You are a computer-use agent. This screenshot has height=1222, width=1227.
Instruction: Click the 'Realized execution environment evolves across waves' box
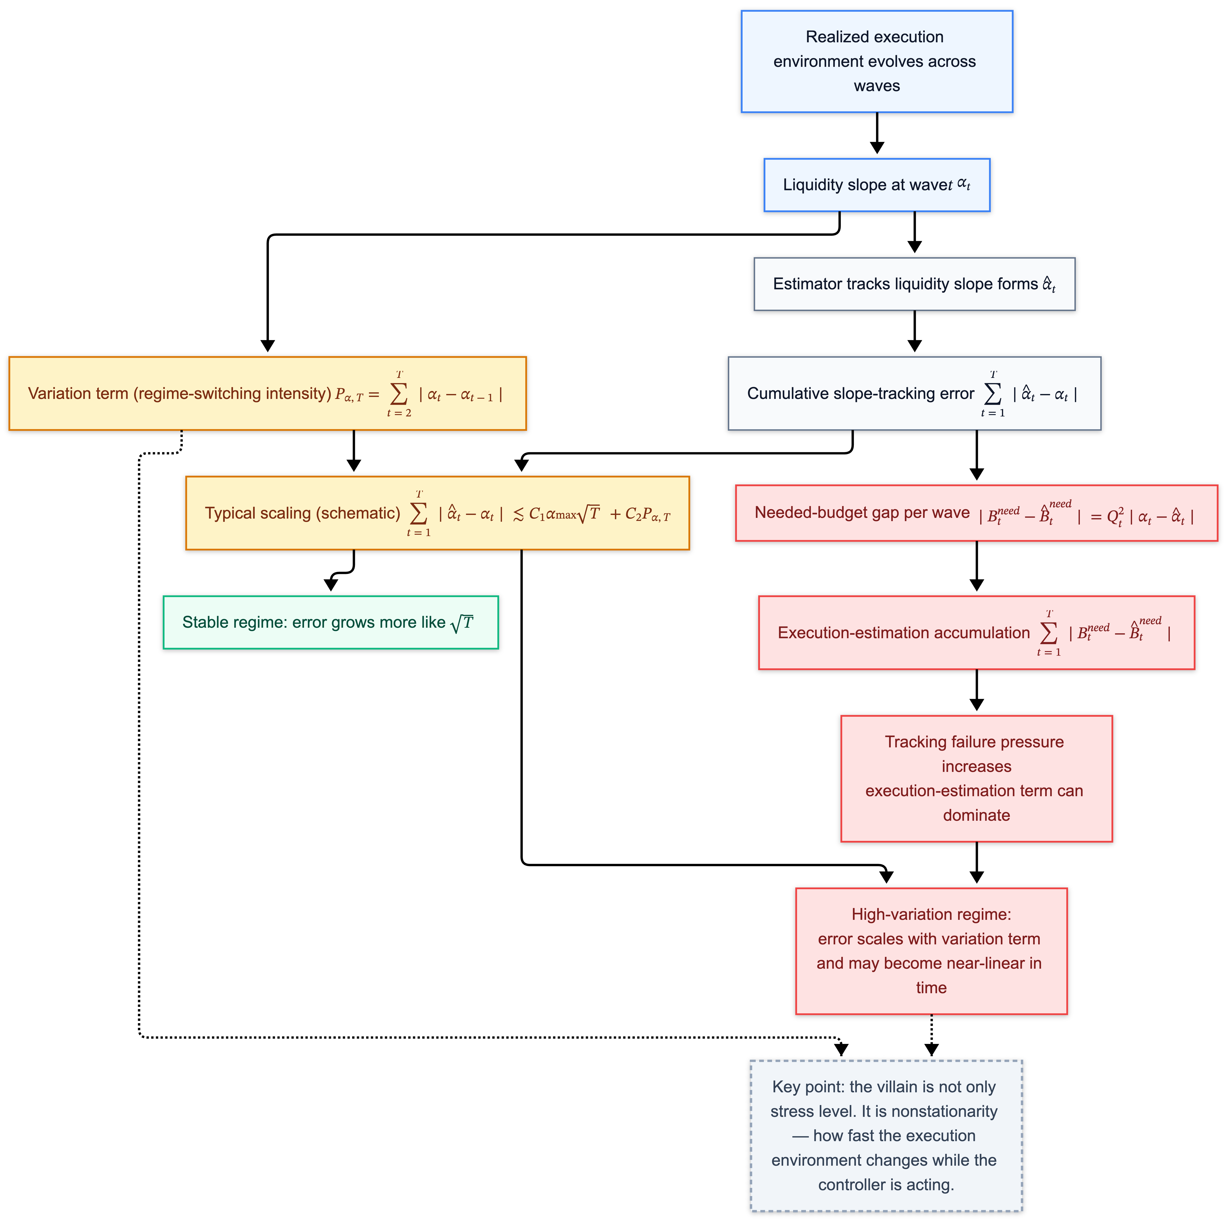(x=876, y=62)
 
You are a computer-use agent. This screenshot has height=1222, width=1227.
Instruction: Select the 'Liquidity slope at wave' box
(x=876, y=185)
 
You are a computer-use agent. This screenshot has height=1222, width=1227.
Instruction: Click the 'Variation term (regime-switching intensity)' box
(x=267, y=394)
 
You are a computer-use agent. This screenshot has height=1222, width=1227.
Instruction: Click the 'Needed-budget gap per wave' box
(x=976, y=513)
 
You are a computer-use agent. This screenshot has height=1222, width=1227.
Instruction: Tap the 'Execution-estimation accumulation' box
(x=976, y=633)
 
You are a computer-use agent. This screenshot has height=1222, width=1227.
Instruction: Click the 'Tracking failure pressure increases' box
(x=976, y=779)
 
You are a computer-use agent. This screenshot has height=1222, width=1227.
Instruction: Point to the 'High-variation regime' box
(x=931, y=951)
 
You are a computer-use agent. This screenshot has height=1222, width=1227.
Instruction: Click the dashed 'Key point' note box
(x=886, y=1136)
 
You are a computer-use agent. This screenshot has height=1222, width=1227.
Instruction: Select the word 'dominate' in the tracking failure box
(x=976, y=816)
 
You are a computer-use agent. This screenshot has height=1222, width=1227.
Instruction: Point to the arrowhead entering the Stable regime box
(x=331, y=585)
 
